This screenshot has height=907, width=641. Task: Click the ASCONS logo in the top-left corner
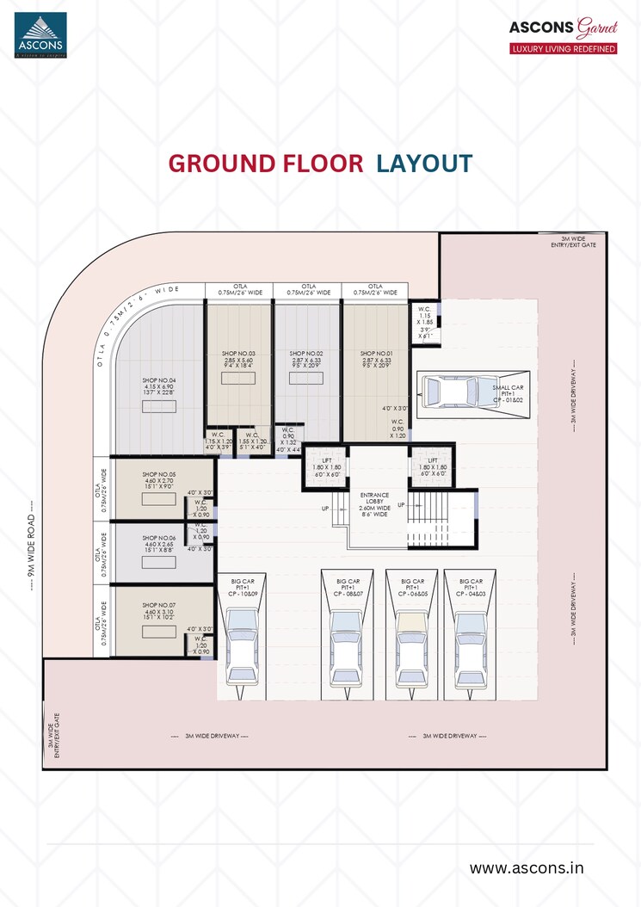coord(39,34)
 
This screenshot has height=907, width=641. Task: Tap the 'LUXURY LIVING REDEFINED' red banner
coord(564,49)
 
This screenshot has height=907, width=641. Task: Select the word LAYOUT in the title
coord(424,164)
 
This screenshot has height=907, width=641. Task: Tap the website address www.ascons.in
coord(526,867)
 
